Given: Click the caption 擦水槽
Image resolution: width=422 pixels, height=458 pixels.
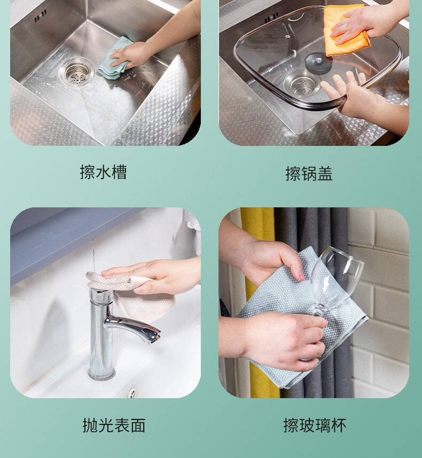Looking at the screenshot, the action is (x=104, y=172).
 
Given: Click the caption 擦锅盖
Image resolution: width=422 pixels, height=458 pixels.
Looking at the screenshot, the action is (x=309, y=174).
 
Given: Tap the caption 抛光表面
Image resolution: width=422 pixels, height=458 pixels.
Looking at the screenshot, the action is (x=114, y=425).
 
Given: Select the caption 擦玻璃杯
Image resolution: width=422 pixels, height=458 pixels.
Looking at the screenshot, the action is (x=315, y=425).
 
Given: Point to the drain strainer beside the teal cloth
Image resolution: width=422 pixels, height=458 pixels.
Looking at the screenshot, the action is (x=76, y=72).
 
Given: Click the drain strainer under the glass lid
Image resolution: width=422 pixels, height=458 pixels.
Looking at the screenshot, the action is (x=302, y=84).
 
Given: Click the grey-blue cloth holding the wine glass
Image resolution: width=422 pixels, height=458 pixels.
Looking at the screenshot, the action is (x=301, y=321).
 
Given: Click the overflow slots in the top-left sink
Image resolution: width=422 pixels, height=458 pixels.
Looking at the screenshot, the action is (x=41, y=16).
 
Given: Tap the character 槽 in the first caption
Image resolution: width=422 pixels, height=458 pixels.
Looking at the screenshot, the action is (x=119, y=172).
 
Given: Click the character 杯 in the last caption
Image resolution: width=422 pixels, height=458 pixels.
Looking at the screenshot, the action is (x=339, y=425).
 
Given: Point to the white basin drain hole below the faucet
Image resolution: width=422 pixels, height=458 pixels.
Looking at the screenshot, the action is (x=132, y=392).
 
